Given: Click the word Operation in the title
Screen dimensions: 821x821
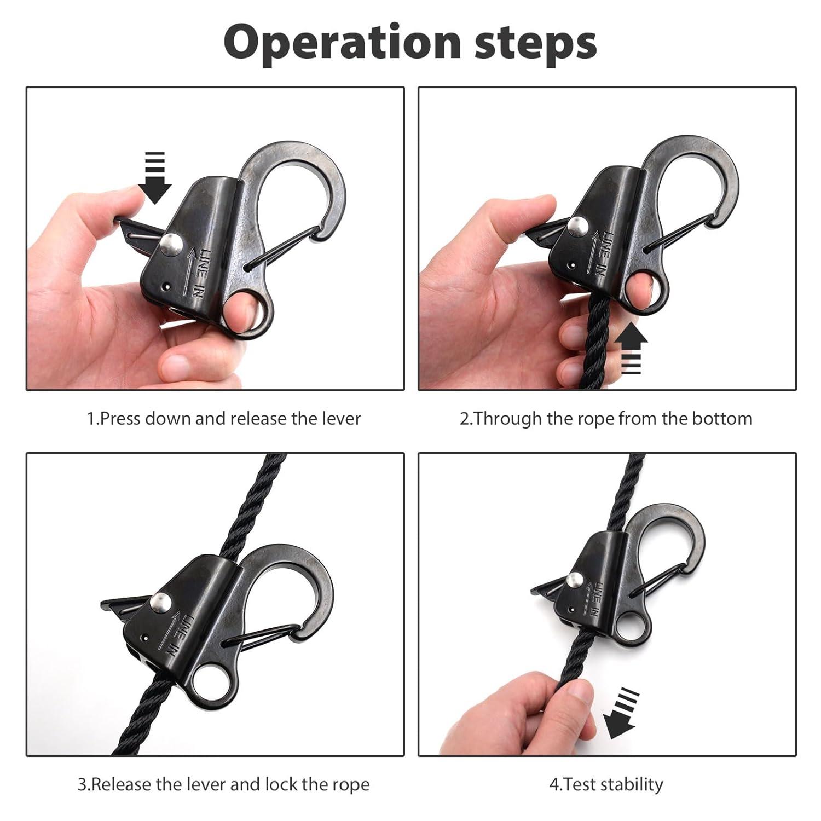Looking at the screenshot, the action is coord(343,43).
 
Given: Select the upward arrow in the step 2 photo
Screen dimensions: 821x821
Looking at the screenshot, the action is coord(631,348).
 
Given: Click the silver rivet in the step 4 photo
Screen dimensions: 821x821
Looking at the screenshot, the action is coord(574,581).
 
